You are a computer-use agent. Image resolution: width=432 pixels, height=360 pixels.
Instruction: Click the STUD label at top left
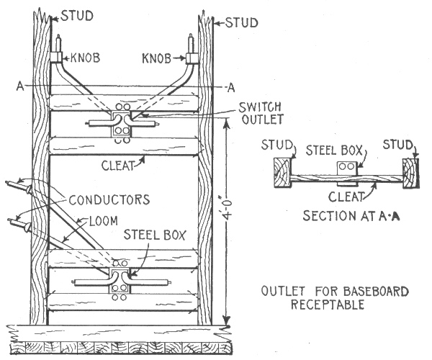[78, 14]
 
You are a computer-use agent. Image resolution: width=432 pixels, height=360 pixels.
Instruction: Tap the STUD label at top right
[241, 22]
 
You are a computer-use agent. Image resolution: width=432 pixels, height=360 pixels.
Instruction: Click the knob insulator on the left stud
[56, 57]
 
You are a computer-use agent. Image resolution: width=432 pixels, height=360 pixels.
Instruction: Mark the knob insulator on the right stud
[192, 57]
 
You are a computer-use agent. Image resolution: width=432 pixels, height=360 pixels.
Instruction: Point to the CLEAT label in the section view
[344, 196]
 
